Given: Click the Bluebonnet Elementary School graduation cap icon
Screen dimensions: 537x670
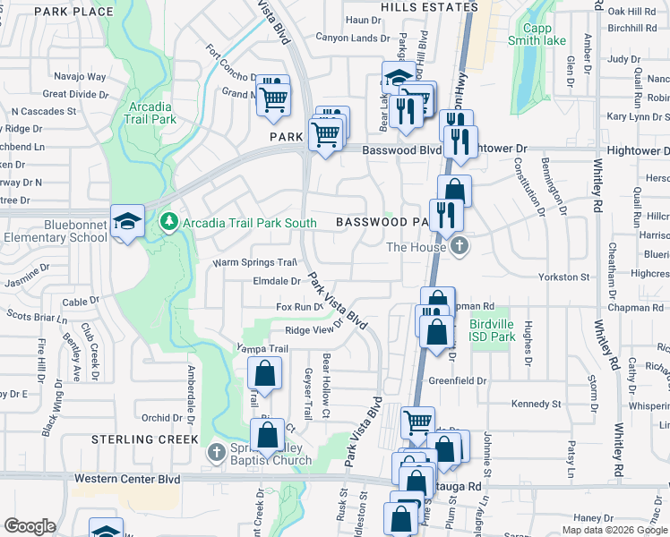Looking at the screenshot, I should coord(128,220).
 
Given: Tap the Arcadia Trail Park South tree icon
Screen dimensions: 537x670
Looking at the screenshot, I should coord(167,220).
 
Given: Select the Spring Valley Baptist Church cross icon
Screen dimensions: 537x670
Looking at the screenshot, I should coord(216,452).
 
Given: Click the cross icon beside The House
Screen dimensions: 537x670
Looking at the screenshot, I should coord(460,246).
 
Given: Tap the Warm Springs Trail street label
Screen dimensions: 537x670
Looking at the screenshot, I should coord(254,263).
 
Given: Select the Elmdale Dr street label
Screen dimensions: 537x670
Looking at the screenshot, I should coord(277,281).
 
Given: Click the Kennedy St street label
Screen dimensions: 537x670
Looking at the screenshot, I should coord(537,405).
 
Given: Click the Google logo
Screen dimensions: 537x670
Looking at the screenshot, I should coord(30,526).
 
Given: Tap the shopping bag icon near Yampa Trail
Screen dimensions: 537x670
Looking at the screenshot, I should coord(265,374).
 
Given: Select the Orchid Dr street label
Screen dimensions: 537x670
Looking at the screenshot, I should coord(162,418).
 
